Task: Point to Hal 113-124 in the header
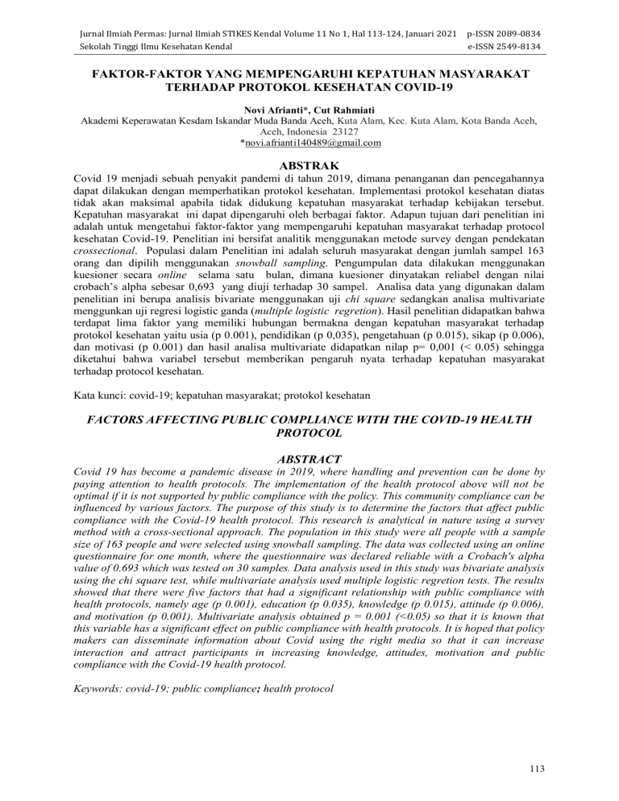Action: (x=345, y=14)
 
